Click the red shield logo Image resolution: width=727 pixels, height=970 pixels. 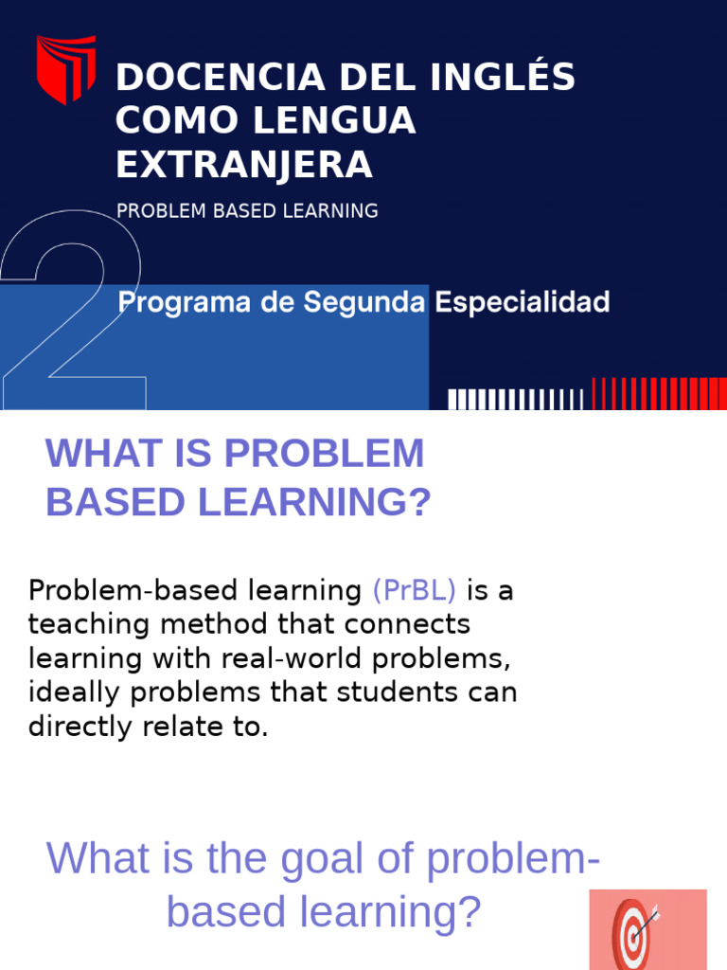[x=65, y=69]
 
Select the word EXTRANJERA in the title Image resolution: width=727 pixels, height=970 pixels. [x=244, y=165]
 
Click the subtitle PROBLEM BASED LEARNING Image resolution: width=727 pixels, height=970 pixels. [x=247, y=211]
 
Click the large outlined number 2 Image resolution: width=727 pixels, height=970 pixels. [x=76, y=313]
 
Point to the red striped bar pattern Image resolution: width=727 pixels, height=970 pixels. [x=659, y=393]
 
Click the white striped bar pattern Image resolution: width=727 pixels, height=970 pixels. [x=516, y=400]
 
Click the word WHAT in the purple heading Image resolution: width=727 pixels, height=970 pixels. [x=93, y=454]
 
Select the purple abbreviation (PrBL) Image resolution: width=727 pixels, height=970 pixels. [x=415, y=591]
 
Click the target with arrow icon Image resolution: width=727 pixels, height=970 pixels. [x=634, y=929]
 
